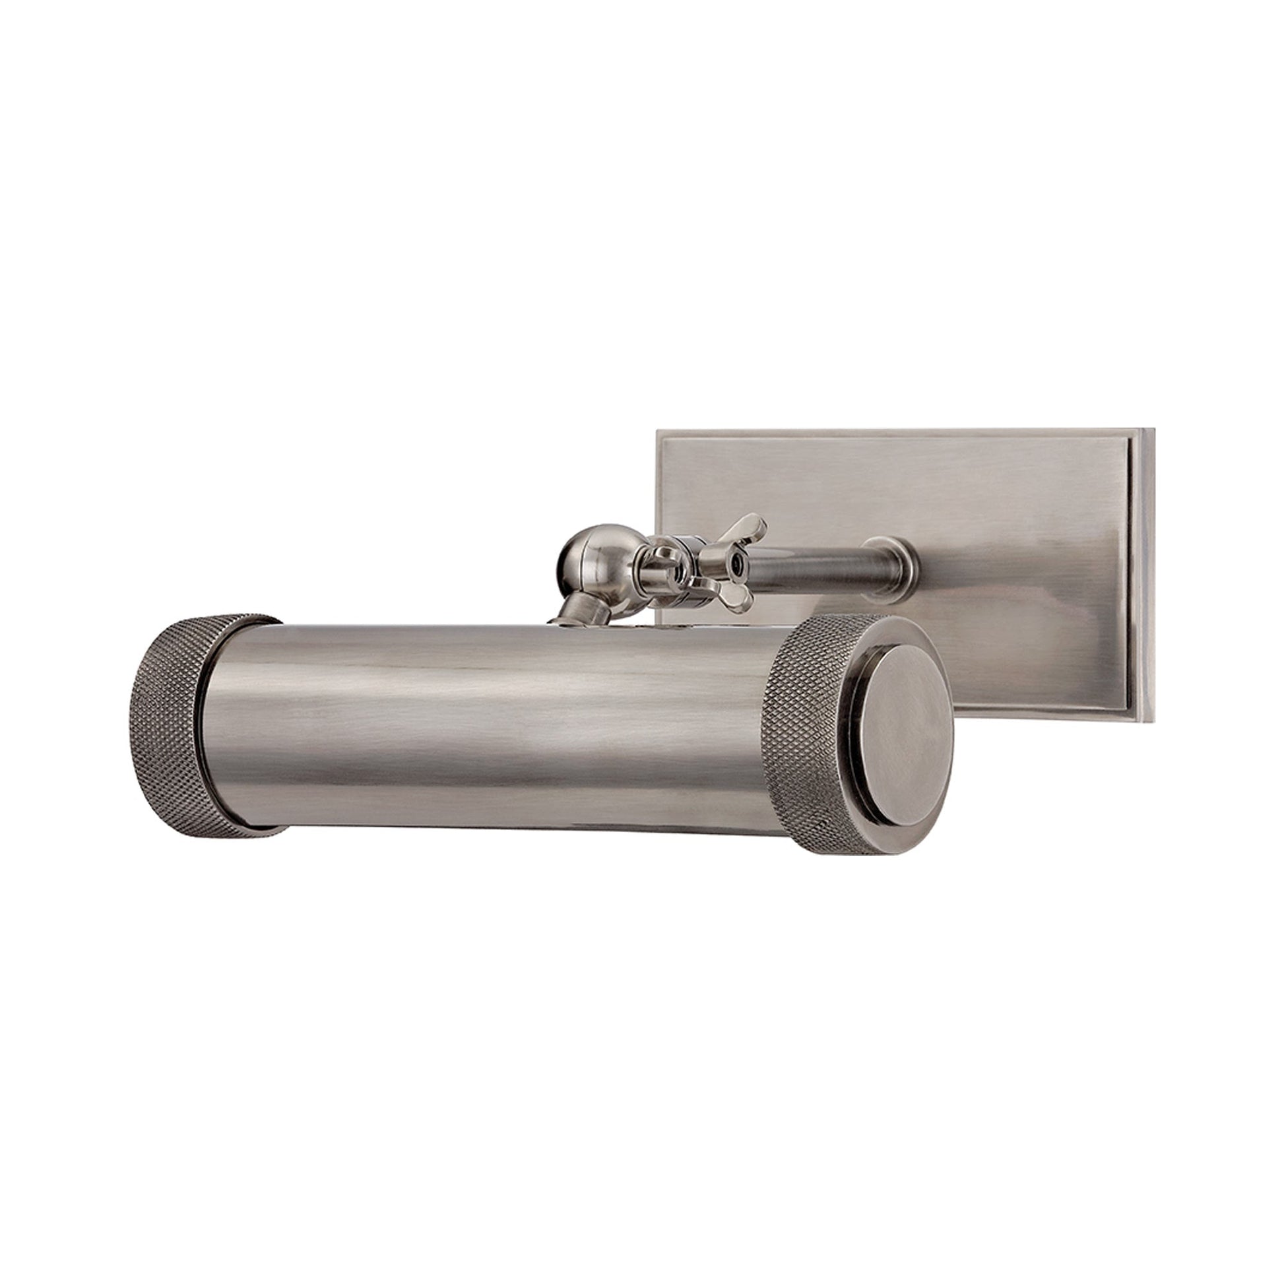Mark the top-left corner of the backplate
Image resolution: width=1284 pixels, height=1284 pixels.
point(658,433)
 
